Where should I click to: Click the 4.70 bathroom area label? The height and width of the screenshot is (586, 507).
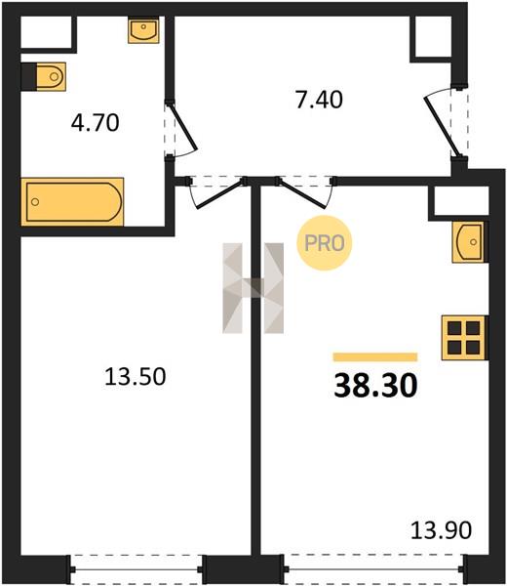click(96, 123)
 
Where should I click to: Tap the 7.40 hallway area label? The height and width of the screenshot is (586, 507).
click(319, 101)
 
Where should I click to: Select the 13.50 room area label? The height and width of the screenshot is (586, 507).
click(136, 376)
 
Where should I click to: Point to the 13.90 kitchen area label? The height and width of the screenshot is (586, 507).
click(441, 530)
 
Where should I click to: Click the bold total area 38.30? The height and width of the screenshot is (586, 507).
click(375, 386)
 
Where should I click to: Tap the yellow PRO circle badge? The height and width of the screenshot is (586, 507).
click(325, 243)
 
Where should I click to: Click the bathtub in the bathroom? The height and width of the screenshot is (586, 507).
click(72, 202)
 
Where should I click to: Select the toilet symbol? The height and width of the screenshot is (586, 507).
click(44, 76)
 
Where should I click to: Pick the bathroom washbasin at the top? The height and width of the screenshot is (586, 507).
click(143, 30)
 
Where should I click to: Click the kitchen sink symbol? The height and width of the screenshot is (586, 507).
click(470, 242)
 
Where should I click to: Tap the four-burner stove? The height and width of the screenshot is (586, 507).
click(464, 338)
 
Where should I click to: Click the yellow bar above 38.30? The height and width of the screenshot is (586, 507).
click(375, 356)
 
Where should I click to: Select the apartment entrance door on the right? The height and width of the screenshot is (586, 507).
click(442, 125)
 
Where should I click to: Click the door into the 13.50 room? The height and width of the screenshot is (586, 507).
click(220, 193)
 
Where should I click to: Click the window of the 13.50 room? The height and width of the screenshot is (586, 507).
click(136, 570)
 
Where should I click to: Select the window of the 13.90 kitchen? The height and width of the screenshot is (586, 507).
click(375, 569)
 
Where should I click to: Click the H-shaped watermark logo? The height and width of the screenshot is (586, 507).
click(253, 288)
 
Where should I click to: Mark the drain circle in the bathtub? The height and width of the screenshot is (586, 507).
click(35, 202)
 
